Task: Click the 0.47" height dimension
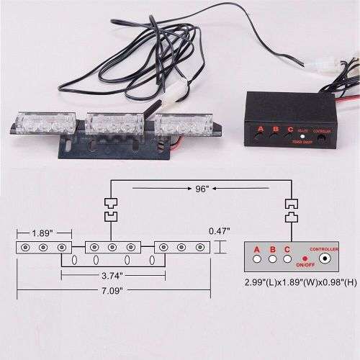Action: [x=220, y=230]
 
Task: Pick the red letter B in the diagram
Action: [x=271, y=249]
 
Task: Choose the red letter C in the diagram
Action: [x=287, y=249]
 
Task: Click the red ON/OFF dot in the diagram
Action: [x=305, y=257]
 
